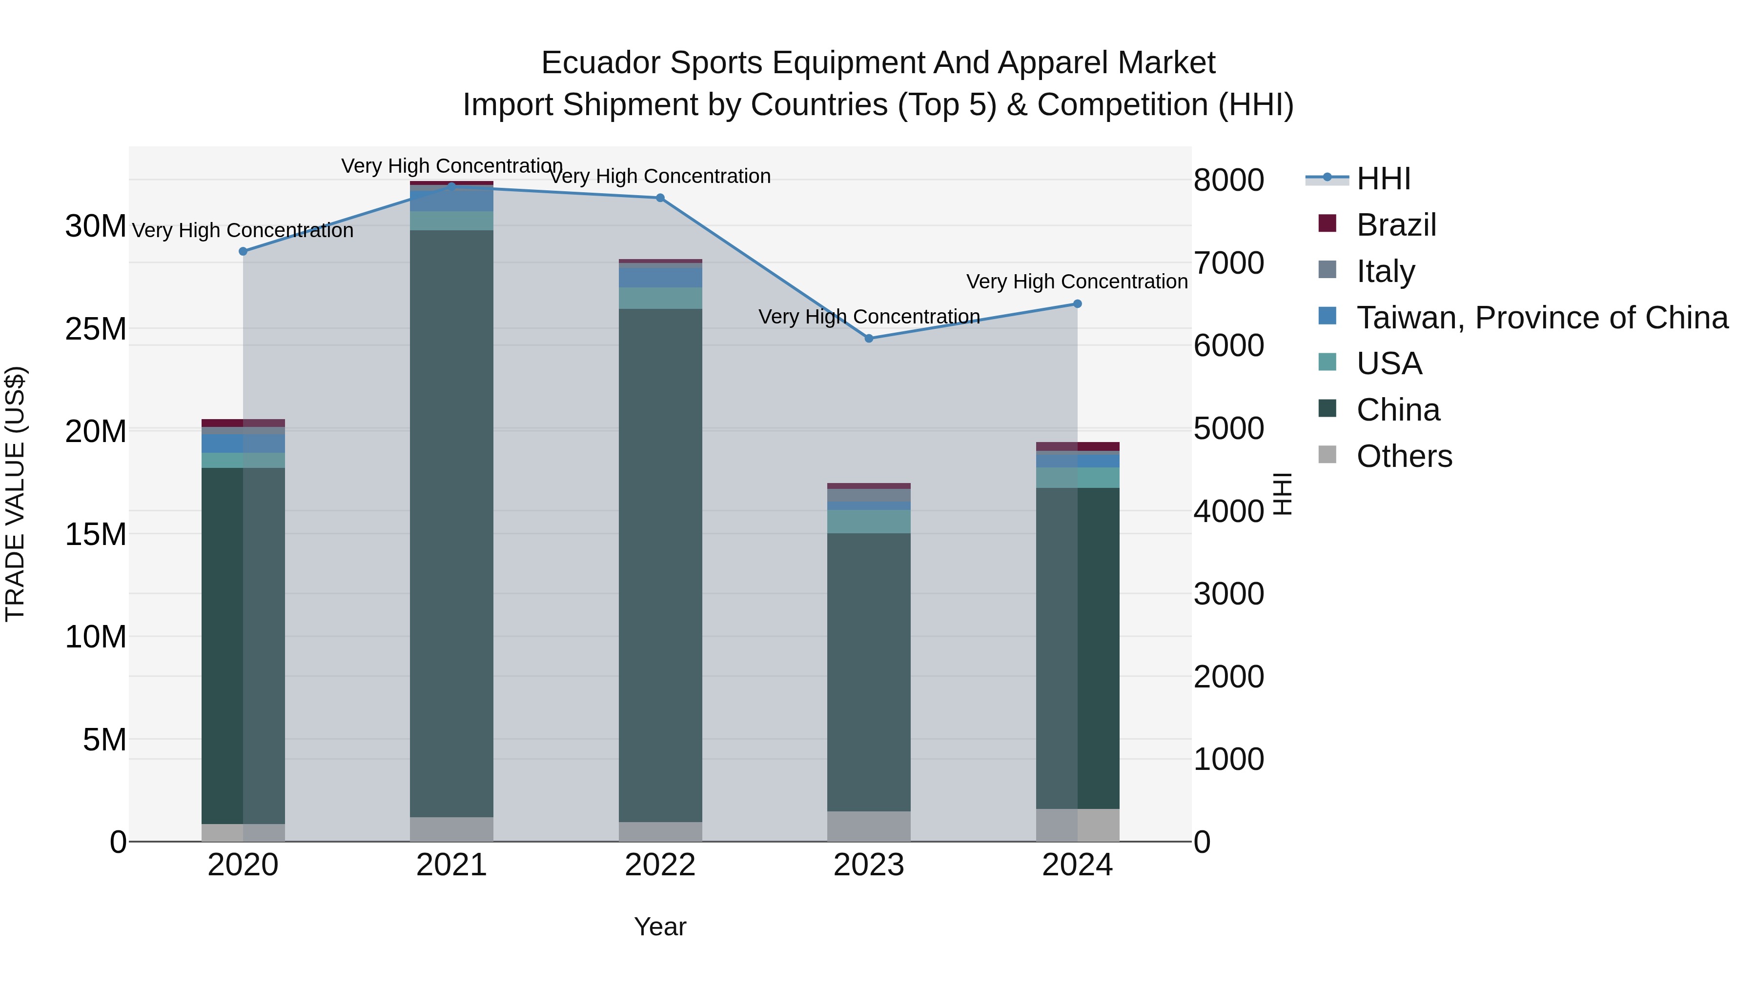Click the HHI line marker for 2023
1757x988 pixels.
[x=868, y=338]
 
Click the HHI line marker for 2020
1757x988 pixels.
[x=243, y=251]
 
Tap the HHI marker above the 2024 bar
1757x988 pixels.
[x=1077, y=303]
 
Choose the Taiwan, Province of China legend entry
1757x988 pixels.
[x=1541, y=318]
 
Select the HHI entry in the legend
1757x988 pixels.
[x=1383, y=179]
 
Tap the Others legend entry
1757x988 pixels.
[x=1404, y=456]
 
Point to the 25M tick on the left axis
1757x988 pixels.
[x=96, y=329]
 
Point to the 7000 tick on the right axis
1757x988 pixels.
[x=1228, y=263]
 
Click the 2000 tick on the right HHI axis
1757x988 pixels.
[x=1228, y=677]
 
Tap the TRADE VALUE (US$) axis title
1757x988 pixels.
[x=15, y=494]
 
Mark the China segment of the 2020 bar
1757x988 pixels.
[x=243, y=645]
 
